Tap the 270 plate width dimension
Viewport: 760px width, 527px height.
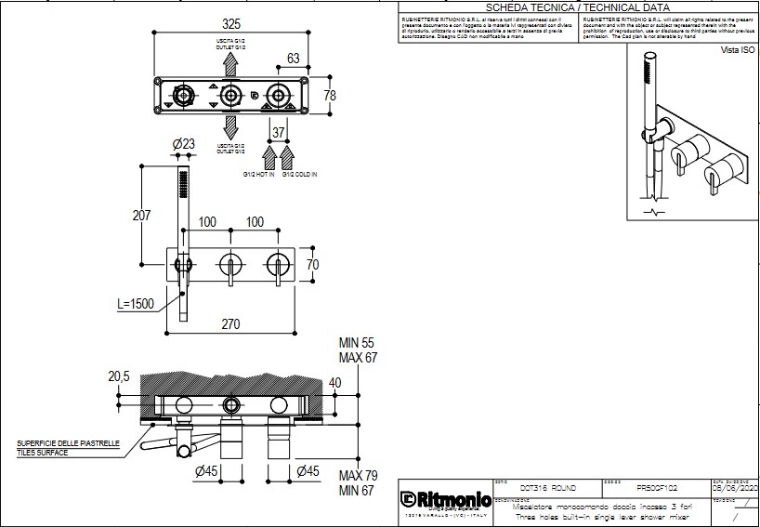coord(231,324)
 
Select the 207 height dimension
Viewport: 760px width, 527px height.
coord(141,216)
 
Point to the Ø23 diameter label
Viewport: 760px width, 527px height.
coord(184,144)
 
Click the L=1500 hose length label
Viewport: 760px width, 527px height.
coord(138,304)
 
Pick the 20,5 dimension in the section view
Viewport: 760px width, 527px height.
coord(118,376)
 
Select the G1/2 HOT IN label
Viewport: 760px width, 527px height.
coord(258,175)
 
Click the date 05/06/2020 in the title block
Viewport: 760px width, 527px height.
coord(735,487)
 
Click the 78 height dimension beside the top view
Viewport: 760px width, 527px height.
coord(329,96)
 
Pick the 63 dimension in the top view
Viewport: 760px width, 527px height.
coord(294,59)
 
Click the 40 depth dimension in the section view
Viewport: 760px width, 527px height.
coord(334,382)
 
